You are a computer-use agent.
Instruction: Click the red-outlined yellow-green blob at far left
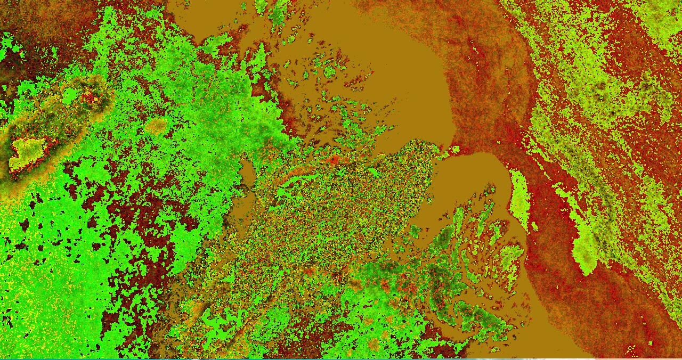click(x=27, y=151)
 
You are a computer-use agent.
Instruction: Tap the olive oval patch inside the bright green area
click(x=157, y=126)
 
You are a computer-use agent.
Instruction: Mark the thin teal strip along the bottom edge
click(x=341, y=358)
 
